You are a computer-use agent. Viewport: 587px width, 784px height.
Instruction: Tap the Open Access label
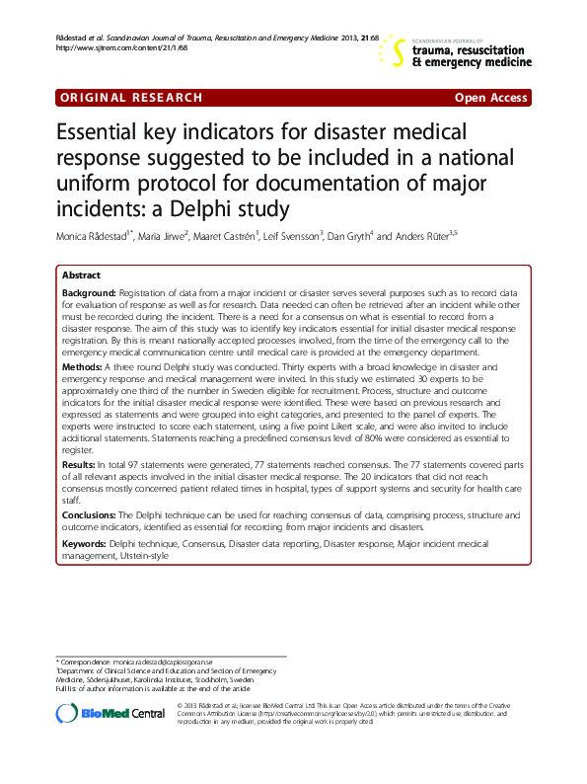click(x=491, y=98)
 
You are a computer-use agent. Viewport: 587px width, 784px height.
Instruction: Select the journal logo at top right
click(x=460, y=51)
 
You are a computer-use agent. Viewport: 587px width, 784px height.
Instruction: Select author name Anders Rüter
click(x=419, y=237)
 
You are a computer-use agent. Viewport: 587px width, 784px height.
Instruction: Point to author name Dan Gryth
click(x=352, y=237)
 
